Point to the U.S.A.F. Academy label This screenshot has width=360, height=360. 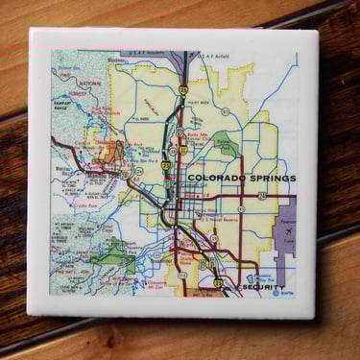[147, 55]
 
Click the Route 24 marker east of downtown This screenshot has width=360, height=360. [261, 197]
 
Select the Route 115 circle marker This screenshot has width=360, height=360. [182, 274]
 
